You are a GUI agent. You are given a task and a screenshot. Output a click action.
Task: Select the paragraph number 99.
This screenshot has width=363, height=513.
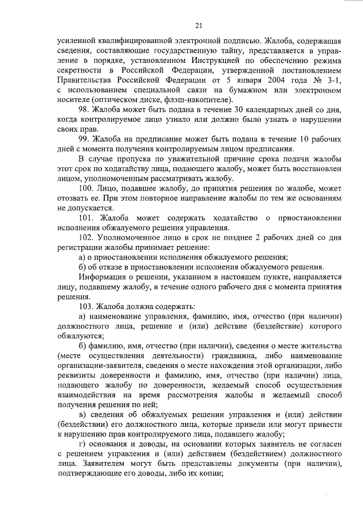point(85,139)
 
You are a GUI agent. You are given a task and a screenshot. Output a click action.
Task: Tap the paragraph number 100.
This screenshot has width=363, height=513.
point(87,187)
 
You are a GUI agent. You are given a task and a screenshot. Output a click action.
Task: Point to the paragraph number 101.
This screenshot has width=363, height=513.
point(87,218)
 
